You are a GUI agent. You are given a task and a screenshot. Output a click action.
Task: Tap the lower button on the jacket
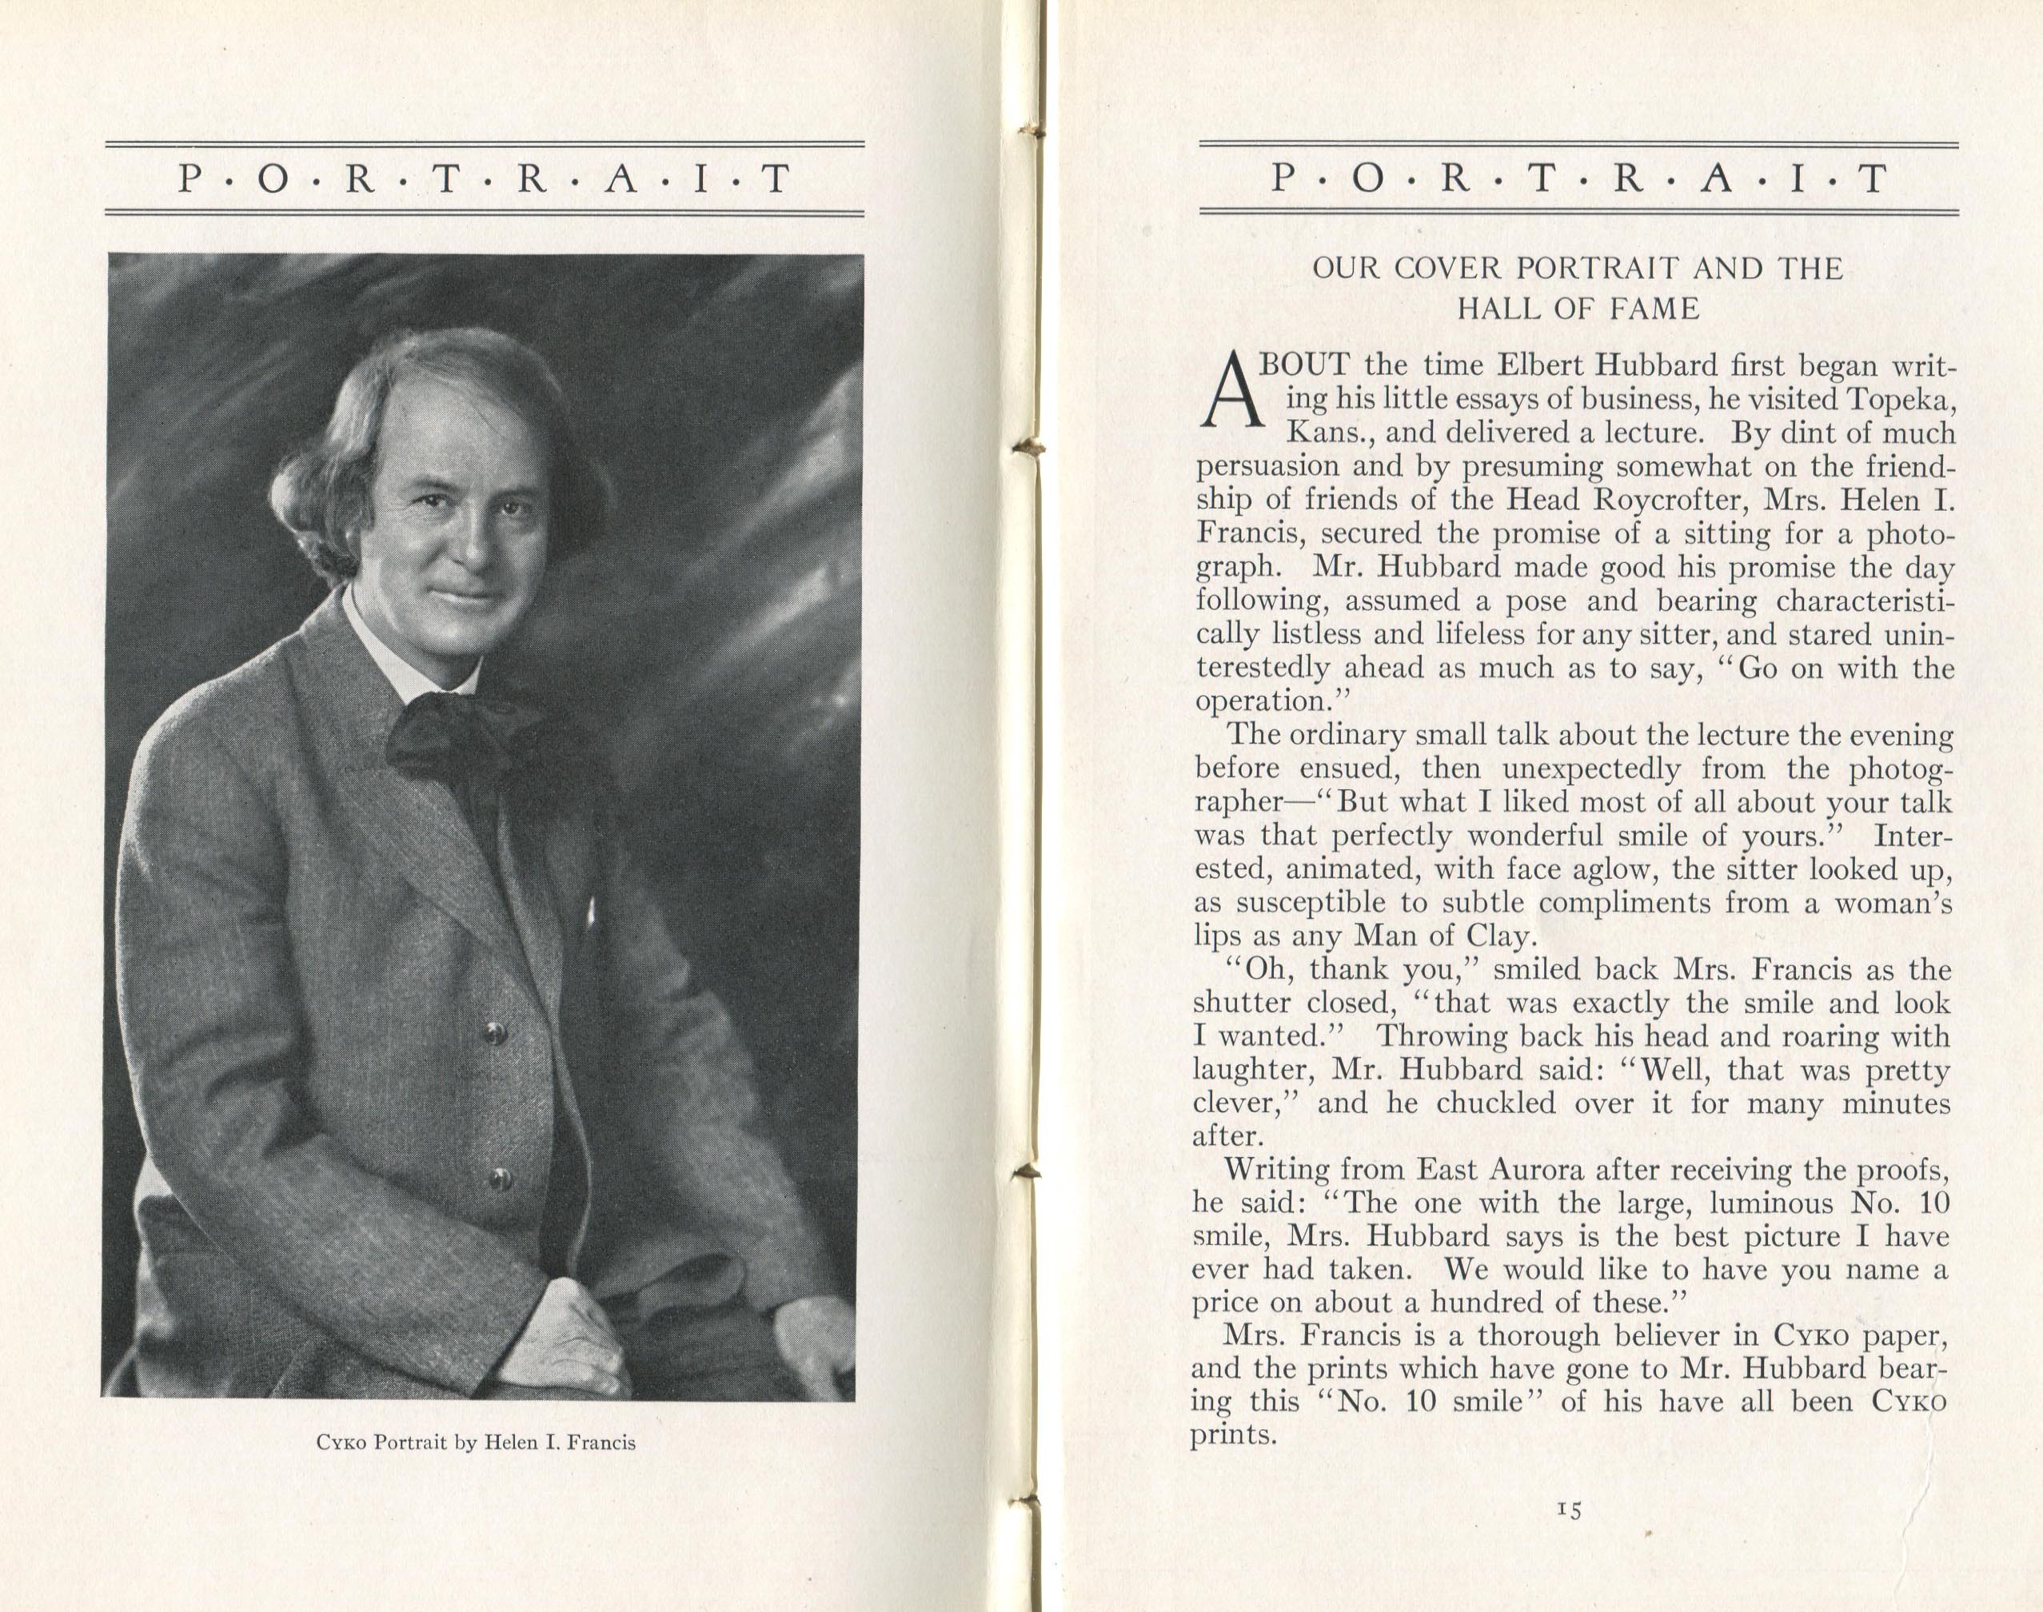tap(499, 1177)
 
